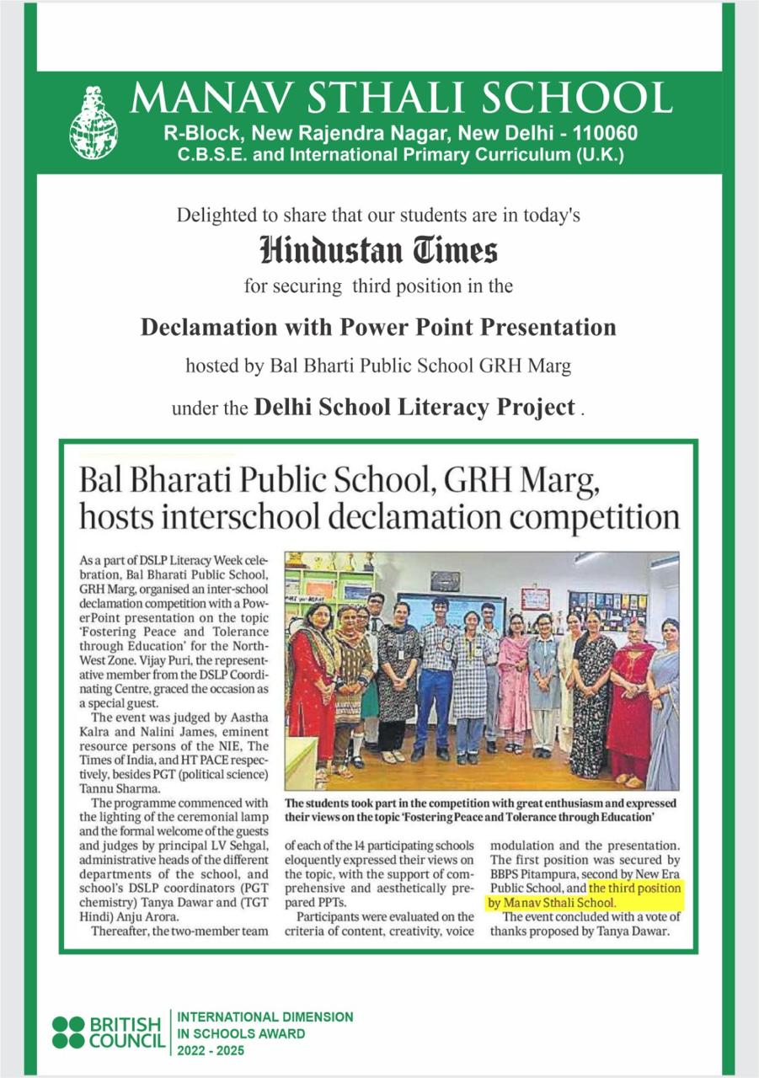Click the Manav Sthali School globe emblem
tap(94, 125)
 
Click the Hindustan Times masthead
tap(379, 250)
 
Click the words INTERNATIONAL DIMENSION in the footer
tap(265, 1017)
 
